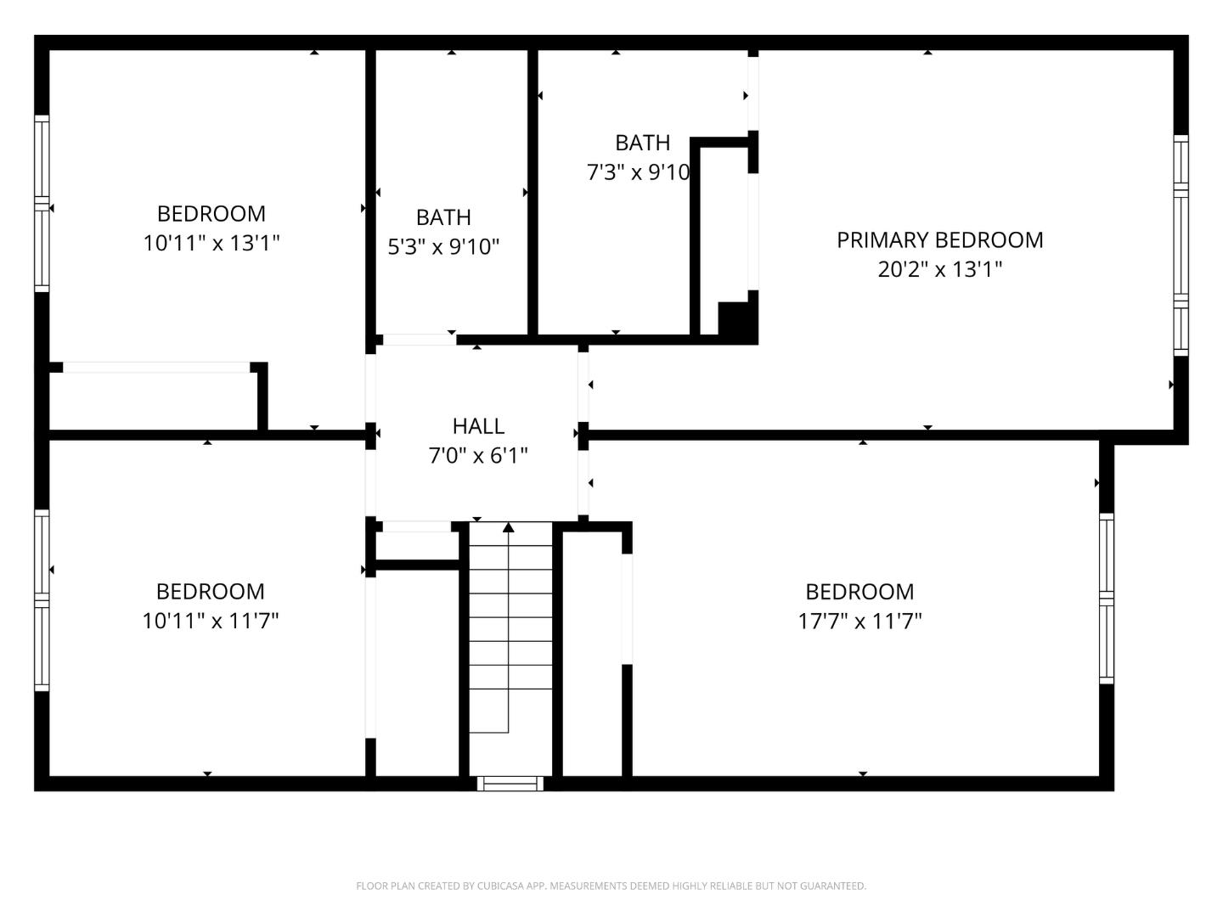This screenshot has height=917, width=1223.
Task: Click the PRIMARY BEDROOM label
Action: [x=939, y=240]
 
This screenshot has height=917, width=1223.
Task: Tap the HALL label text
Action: [x=478, y=426]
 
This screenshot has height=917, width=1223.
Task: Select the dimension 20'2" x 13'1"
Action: [x=939, y=270]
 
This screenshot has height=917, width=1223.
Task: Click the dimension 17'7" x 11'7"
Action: [x=859, y=622]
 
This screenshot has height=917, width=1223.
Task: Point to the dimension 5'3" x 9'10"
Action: [x=443, y=247]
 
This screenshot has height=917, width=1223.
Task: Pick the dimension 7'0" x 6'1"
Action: [x=478, y=456]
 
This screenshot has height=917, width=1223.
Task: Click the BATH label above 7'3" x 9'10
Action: [x=642, y=143]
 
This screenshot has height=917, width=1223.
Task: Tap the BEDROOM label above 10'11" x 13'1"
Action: [x=211, y=213]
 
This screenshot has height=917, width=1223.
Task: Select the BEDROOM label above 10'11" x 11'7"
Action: [x=211, y=591]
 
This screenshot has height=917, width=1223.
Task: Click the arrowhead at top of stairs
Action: [x=508, y=528]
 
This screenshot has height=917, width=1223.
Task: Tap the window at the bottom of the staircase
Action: [x=510, y=783]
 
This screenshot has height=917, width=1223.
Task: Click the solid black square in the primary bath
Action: [x=735, y=319]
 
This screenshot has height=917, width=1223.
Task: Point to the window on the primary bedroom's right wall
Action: [x=1181, y=245]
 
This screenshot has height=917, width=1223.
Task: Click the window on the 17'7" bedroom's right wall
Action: [x=1106, y=598]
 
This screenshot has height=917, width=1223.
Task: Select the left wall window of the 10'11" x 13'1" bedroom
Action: [x=42, y=204]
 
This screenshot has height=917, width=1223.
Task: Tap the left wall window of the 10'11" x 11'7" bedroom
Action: [x=42, y=599]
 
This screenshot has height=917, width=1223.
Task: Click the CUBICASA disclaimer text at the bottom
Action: [x=611, y=886]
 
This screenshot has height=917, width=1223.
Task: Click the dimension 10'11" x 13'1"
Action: [x=211, y=244]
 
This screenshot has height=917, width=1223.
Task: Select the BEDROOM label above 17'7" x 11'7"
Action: [x=859, y=591]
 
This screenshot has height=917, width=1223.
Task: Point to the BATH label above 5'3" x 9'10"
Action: [x=443, y=217]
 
